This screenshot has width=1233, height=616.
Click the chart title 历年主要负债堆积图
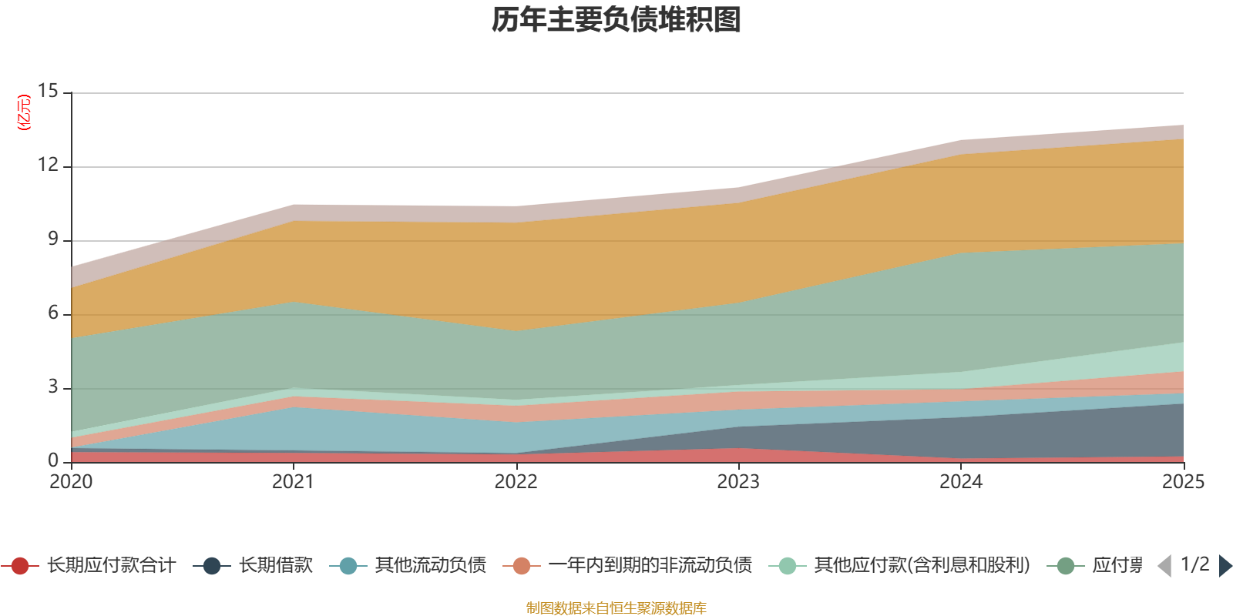tap(616, 20)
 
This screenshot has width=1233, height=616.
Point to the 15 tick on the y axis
tap(48, 91)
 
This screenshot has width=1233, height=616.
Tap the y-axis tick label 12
tap(48, 165)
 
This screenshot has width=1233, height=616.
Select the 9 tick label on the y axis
tap(52, 239)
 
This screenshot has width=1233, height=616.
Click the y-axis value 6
tap(52, 313)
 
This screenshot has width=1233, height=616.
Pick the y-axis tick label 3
tap(52, 387)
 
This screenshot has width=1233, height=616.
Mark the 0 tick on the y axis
tap(52, 460)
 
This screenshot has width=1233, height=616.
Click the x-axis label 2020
tap(71, 482)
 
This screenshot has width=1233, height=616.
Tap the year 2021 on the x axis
tap(293, 482)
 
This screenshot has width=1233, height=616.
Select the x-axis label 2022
tap(516, 482)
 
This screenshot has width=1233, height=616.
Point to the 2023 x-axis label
tap(738, 482)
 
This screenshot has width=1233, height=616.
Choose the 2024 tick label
tap(960, 482)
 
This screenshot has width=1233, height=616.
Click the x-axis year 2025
tap(1182, 482)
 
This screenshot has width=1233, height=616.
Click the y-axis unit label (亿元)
tap(25, 112)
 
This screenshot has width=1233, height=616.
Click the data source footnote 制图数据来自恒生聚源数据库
tap(616, 608)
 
